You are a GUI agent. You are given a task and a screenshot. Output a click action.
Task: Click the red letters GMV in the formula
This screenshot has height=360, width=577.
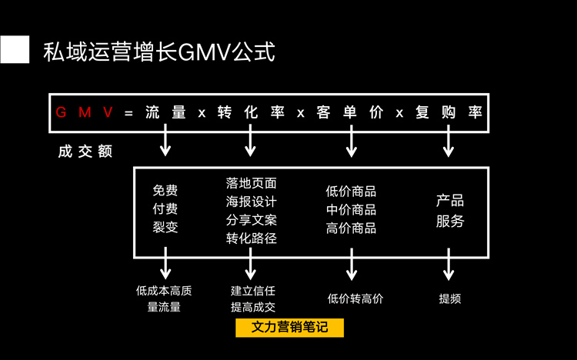[85, 112]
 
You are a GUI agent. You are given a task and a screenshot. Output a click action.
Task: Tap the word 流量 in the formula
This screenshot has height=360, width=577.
[165, 112]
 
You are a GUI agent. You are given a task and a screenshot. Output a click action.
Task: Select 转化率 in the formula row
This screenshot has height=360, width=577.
[251, 112]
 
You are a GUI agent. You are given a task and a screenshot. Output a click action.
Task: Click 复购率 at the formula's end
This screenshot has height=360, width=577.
[449, 112]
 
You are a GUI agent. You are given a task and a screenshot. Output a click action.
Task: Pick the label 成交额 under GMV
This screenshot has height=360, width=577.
[85, 152]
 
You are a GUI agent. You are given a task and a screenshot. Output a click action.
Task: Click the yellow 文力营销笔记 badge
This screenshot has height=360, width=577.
[288, 327]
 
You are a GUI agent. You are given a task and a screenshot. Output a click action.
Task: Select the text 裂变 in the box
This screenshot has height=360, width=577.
[165, 227]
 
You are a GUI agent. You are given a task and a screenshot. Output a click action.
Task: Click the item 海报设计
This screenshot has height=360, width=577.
[252, 202]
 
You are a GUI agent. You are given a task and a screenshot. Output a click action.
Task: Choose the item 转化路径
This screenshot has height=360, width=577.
[252, 238]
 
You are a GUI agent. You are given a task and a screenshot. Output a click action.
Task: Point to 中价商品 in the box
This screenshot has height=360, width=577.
[351, 209]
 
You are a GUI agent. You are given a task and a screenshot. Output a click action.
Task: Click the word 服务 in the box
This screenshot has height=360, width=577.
[450, 221]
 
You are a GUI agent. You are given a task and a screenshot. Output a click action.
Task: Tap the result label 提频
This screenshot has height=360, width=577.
[450, 298]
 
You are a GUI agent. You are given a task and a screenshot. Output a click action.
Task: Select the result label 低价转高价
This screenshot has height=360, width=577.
[355, 298]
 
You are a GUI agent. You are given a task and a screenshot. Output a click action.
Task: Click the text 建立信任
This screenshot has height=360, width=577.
[253, 291]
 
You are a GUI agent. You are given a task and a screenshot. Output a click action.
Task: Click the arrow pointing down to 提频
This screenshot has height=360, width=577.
[449, 265]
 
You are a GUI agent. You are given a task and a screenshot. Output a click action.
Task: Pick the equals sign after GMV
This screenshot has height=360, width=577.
[128, 112]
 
